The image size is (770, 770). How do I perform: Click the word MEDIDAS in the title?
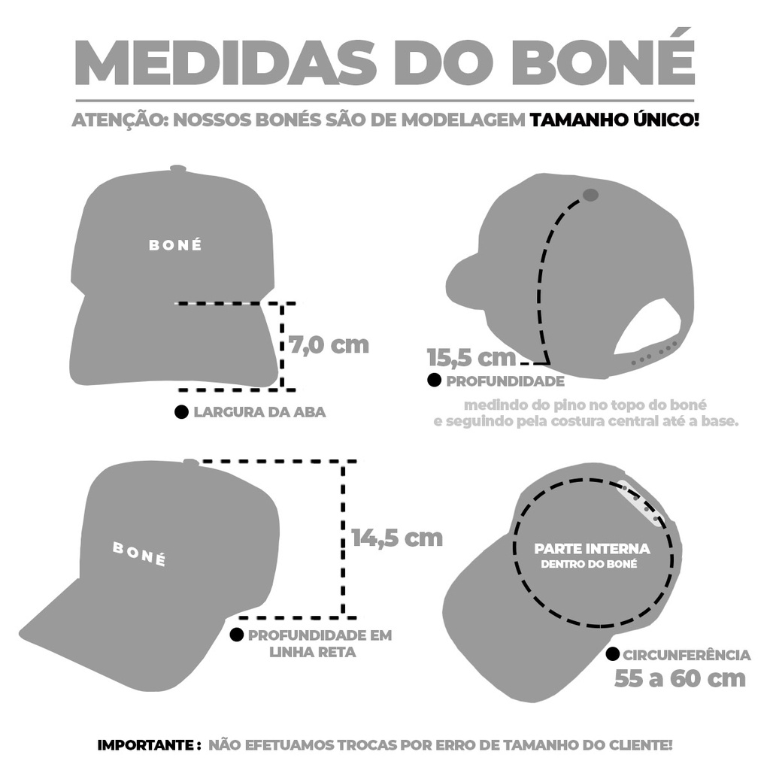tap(226, 63)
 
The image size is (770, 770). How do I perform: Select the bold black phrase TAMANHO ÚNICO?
tap(614, 120)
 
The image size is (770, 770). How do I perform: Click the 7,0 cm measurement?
tap(329, 344)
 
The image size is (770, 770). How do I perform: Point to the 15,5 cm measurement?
tap(471, 357)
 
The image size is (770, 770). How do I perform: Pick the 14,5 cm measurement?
tap(397, 538)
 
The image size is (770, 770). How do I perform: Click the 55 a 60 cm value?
tap(680, 679)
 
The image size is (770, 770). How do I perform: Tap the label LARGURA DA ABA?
tap(259, 412)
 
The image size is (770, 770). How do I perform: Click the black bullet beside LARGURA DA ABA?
tap(182, 412)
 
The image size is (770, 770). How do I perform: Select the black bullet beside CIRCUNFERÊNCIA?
tap(612, 654)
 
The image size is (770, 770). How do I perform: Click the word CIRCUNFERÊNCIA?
tap(687, 655)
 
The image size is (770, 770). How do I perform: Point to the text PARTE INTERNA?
tap(593, 548)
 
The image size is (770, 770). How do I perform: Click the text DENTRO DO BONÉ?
tap(589, 564)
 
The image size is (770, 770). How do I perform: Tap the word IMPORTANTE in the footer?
tap(147, 745)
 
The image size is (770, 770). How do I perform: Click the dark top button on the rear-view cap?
tap(590, 195)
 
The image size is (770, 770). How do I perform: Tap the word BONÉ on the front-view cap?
tap(175, 245)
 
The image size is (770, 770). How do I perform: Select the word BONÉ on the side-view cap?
tap(139, 553)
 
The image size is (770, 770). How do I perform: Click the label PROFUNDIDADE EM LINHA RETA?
tap(320, 644)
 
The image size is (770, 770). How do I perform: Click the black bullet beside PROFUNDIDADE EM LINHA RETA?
tap(237, 635)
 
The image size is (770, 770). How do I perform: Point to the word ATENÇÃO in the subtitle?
tap(120, 120)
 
